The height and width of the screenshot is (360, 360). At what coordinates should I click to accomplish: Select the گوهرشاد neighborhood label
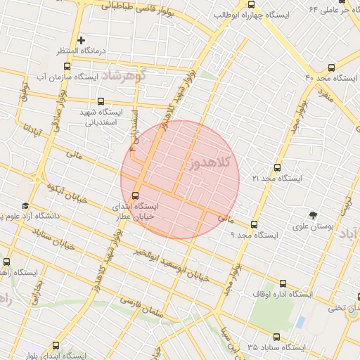122,75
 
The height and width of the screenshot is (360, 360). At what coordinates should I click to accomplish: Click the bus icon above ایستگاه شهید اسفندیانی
103,101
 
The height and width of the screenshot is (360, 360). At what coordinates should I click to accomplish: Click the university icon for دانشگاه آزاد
26,206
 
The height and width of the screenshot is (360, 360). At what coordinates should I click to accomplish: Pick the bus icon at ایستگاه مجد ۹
254,224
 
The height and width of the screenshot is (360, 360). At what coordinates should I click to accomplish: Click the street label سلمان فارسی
152,307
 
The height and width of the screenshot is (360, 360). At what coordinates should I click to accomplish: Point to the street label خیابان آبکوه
67,194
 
